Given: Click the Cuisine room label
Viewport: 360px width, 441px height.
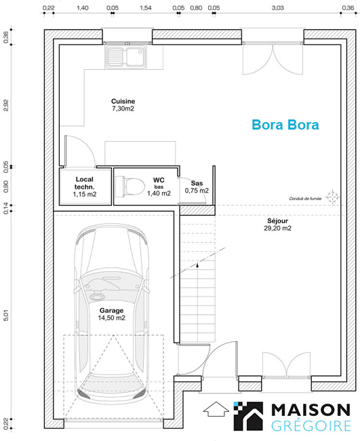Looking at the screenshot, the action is [123, 104].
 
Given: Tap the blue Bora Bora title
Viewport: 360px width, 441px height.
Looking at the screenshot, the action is [285, 125].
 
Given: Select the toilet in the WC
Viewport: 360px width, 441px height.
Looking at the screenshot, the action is [130, 186].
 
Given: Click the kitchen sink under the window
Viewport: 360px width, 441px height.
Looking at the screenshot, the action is [125, 57].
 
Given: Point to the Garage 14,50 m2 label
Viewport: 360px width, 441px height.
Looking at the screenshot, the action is [112, 314].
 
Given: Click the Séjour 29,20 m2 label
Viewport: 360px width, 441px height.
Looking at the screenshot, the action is [278, 225].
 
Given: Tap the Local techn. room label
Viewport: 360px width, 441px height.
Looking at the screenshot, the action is [85, 187].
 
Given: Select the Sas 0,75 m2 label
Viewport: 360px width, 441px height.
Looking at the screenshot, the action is [197, 187].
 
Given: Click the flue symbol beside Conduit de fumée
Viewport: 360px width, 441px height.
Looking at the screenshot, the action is [333, 197].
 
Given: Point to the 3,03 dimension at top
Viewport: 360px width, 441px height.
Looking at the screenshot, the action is [278, 8].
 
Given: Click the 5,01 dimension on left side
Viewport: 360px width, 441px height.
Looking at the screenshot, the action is [6, 315].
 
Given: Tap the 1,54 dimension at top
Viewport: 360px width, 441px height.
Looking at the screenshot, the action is [146, 8].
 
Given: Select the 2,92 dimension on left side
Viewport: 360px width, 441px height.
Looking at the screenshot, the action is [6, 105].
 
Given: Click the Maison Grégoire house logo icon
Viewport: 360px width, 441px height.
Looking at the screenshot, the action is [248, 417].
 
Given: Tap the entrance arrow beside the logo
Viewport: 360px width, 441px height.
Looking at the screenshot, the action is [216, 409].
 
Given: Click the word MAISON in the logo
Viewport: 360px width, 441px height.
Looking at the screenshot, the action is [311, 410].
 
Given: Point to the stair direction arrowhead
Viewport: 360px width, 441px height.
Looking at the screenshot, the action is [197, 264].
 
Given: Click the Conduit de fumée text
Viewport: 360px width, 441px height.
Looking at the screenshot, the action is [305, 199].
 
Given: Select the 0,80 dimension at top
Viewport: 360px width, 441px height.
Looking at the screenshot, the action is [196, 8].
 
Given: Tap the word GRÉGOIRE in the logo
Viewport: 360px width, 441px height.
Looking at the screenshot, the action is [311, 425].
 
